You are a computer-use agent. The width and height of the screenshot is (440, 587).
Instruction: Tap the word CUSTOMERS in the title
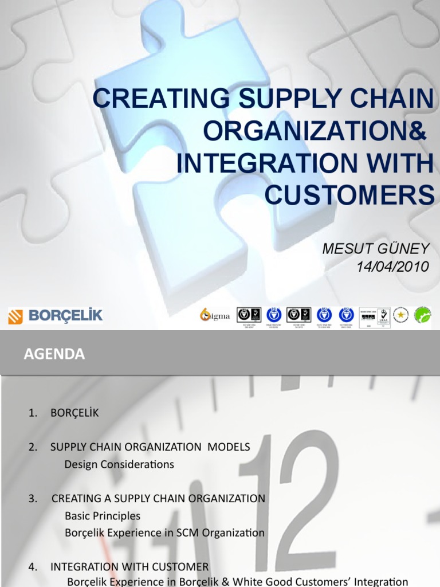(349, 195)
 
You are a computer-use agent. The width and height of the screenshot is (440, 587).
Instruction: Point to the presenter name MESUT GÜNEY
(375, 249)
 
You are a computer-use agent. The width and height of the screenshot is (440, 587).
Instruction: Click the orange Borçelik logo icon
(15, 316)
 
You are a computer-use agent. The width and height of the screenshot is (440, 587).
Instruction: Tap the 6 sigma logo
(215, 315)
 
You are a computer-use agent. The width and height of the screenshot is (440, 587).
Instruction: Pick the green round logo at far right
(423, 315)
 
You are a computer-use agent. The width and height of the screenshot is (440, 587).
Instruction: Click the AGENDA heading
(54, 355)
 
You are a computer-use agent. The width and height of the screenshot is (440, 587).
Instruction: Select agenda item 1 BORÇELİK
(74, 413)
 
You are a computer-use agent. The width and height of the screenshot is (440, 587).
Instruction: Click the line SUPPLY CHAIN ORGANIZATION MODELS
(150, 447)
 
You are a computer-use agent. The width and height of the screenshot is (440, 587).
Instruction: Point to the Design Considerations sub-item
(119, 464)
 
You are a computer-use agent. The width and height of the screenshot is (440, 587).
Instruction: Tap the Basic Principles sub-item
(103, 515)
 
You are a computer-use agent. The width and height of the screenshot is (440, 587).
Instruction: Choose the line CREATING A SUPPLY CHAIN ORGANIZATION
(158, 498)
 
